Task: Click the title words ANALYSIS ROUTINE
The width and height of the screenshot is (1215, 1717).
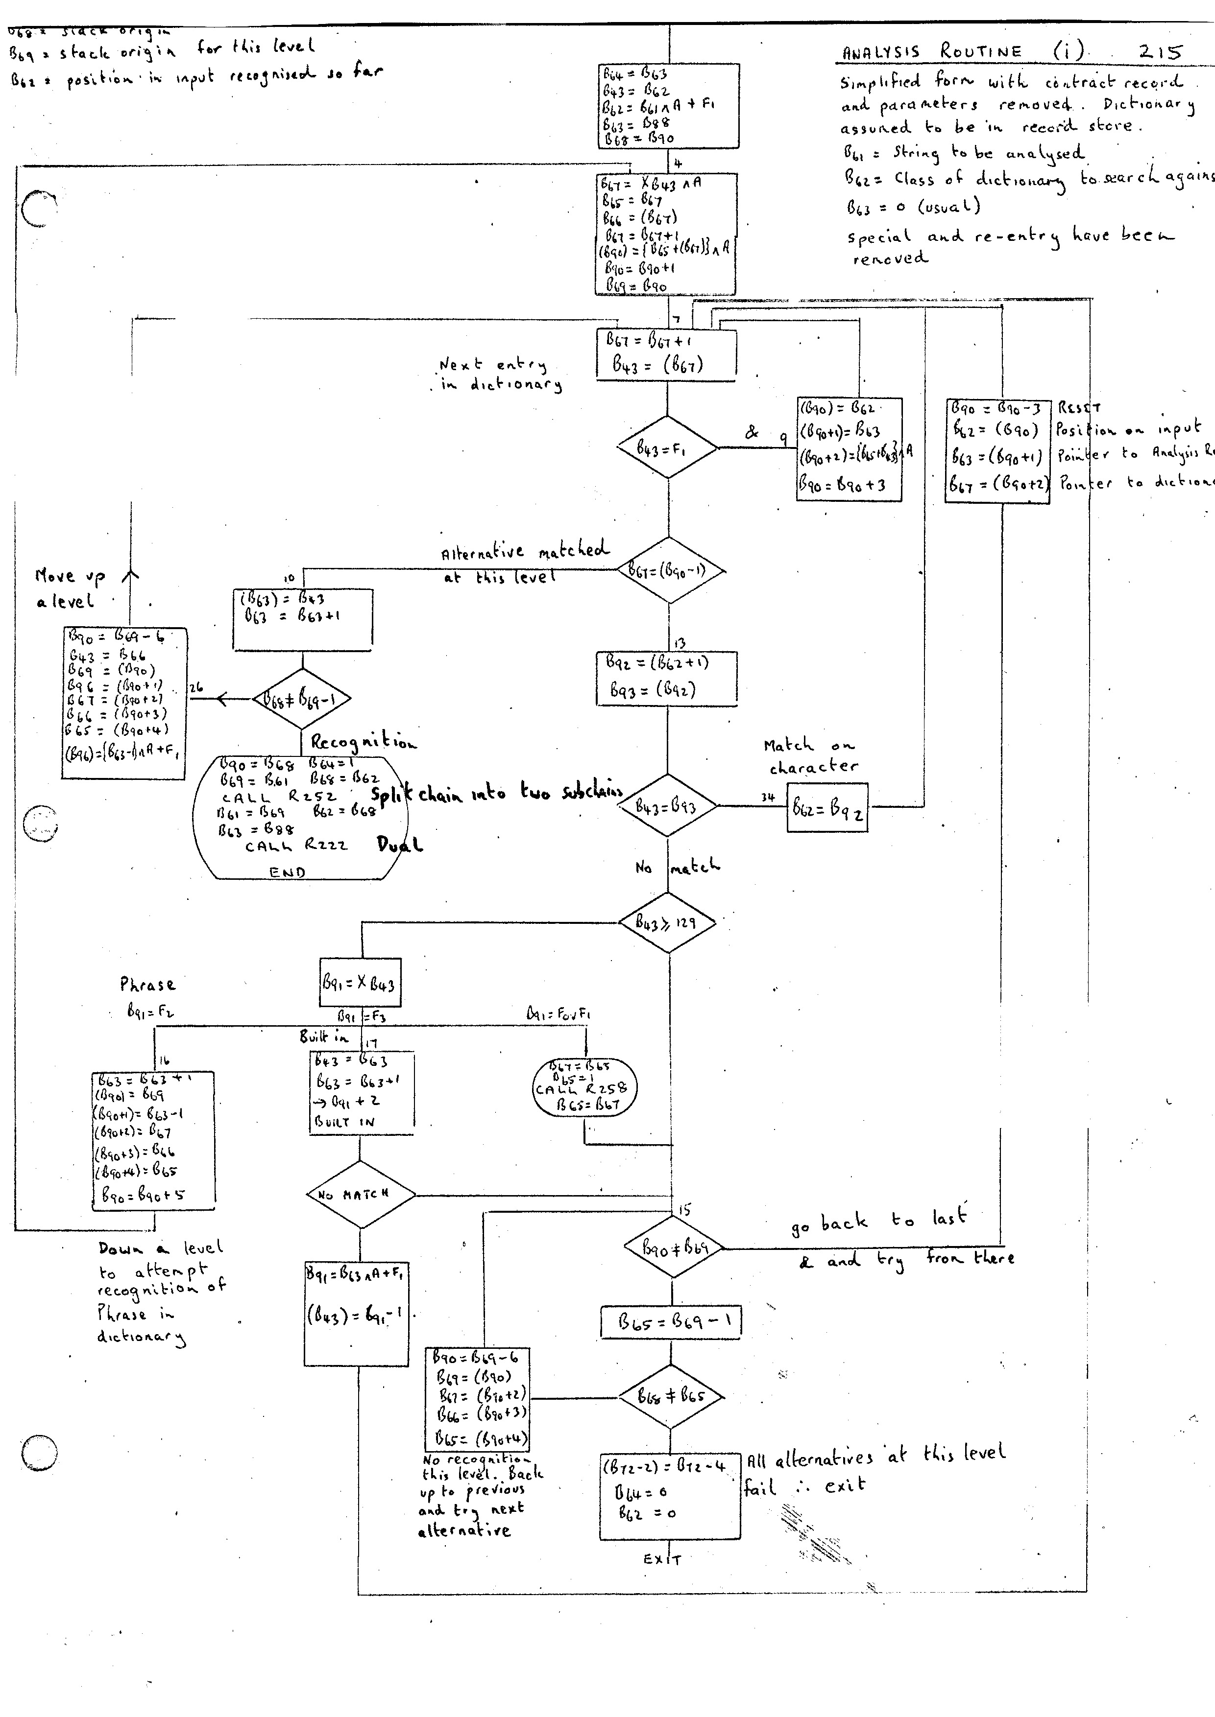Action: coord(931,51)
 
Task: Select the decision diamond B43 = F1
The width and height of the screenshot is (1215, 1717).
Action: coord(667,447)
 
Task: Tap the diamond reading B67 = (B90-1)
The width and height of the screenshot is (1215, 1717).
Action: coord(670,570)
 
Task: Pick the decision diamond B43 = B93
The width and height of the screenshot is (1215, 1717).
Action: coord(667,805)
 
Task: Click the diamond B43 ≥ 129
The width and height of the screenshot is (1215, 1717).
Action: coord(667,922)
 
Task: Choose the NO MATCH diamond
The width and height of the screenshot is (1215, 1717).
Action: coord(361,1194)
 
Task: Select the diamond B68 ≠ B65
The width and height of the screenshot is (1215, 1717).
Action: coord(671,1395)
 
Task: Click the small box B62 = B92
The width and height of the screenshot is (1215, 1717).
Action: coord(828,808)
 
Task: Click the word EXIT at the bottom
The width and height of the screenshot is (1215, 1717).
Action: coord(662,1560)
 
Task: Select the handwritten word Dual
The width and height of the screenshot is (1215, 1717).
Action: coord(399,845)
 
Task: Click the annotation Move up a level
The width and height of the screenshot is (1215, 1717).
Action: coord(66,588)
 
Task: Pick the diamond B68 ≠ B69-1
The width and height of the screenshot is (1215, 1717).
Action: coord(301,699)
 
